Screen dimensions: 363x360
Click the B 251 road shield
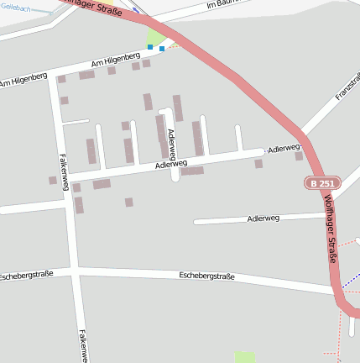point(322,183)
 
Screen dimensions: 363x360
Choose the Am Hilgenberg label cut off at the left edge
point(23,80)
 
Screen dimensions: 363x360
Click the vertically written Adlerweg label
point(171,145)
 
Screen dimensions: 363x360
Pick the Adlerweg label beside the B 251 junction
point(284,149)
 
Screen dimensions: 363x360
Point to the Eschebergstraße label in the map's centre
point(206,276)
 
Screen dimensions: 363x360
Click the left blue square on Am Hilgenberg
point(150,47)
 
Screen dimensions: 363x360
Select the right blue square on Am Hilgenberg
point(162,49)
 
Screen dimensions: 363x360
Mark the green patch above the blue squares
point(157,36)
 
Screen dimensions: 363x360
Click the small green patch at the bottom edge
point(244,357)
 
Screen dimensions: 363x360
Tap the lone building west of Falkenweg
point(53,180)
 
